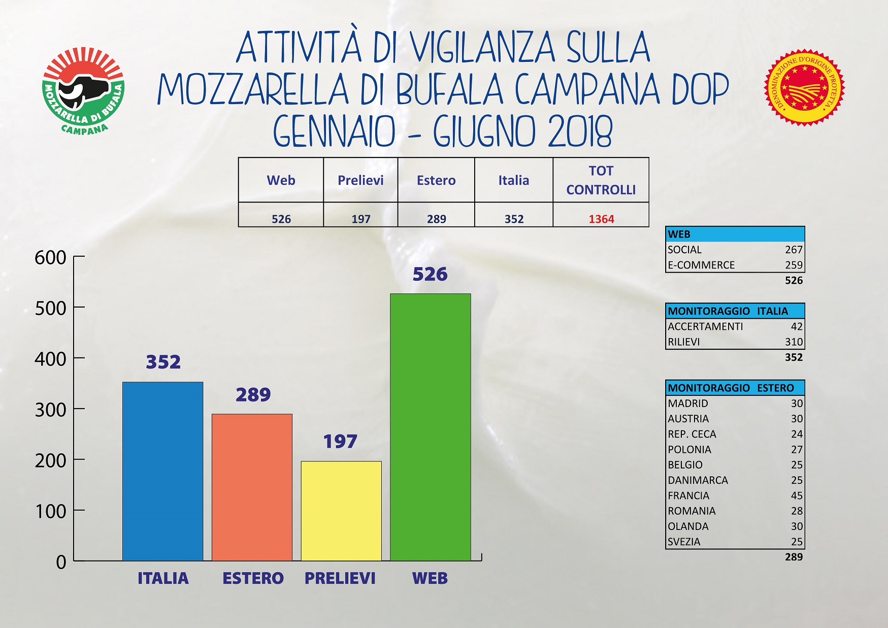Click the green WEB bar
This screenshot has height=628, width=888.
pyautogui.click(x=430, y=427)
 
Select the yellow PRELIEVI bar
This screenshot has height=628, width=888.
pyautogui.click(x=341, y=511)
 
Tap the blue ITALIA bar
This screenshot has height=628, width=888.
pyautogui.click(x=162, y=471)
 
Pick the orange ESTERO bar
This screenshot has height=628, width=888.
pyautogui.click(x=252, y=487)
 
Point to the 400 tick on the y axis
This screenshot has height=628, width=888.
pyautogui.click(x=50, y=359)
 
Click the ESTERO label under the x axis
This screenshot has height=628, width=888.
pyautogui.click(x=253, y=578)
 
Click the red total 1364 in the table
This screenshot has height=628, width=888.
pyautogui.click(x=601, y=219)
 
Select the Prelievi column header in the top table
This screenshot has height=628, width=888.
pyautogui.click(x=360, y=180)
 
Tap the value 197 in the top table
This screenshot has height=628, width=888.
pyautogui.click(x=361, y=219)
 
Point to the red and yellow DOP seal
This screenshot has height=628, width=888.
pyautogui.click(x=804, y=87)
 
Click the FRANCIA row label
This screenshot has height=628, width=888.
pyautogui.click(x=688, y=495)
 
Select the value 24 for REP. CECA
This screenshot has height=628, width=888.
pyautogui.click(x=797, y=434)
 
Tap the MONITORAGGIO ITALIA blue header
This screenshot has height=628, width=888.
pyautogui.click(x=735, y=311)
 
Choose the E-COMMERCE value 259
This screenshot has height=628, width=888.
pyautogui.click(x=794, y=265)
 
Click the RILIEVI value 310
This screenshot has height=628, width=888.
pyautogui.click(x=794, y=342)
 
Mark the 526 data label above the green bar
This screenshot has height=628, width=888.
pyautogui.click(x=430, y=274)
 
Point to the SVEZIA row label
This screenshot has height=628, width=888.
pyautogui.click(x=684, y=542)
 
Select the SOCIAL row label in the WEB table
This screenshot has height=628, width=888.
pyautogui.click(x=684, y=250)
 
